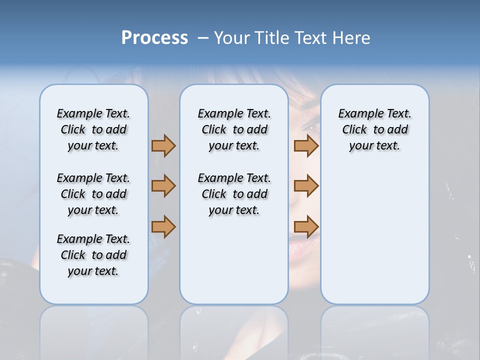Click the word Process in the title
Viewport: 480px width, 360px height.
coord(154,38)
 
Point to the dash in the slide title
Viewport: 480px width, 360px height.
coord(203,38)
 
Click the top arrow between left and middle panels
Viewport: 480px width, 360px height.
coord(163,145)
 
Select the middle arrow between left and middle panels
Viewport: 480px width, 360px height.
coord(163,186)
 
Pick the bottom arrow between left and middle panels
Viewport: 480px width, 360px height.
coord(163,226)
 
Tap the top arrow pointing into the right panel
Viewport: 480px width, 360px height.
coord(306,145)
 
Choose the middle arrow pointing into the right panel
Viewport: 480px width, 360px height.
coord(306,186)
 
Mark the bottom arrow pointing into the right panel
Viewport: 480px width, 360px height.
coord(306,226)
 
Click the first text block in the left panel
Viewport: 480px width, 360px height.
coord(93,129)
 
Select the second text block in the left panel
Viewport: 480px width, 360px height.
coord(93,194)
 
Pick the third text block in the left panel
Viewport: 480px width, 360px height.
coord(93,255)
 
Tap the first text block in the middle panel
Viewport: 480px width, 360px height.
coord(234,129)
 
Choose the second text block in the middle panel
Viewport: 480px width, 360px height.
coord(234,194)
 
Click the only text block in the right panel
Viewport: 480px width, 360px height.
coord(374,129)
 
